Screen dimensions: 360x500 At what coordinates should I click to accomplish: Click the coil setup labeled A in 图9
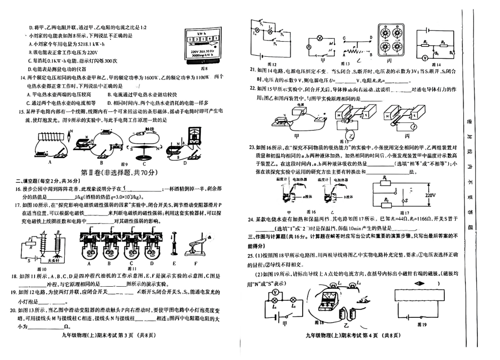pyautogui.click(x=49, y=147)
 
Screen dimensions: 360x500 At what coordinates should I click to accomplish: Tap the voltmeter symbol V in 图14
pyautogui.click(x=425, y=58)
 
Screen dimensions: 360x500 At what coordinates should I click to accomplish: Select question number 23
pyautogui.click(x=253, y=148)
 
